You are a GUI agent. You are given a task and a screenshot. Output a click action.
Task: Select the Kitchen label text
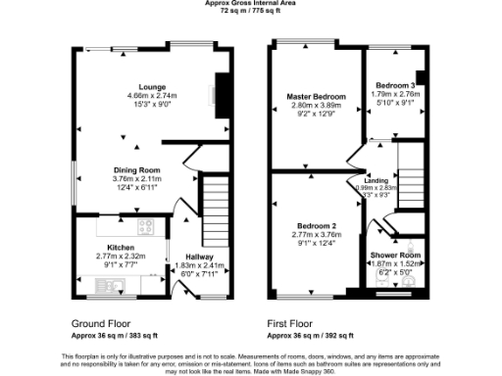tap(121, 248)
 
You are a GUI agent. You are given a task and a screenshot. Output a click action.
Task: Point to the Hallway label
tap(199, 257)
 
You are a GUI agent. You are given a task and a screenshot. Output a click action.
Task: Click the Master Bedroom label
tap(316, 97)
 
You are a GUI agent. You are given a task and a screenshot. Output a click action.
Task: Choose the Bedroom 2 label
tap(315, 223)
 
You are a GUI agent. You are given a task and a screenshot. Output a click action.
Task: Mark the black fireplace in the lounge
tap(222, 96)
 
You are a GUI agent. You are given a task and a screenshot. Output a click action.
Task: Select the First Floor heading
tap(292, 321)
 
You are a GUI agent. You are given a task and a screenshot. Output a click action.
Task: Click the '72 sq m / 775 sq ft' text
tap(251, 11)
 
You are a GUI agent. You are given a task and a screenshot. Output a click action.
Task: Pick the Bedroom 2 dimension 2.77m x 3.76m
tap(315, 233)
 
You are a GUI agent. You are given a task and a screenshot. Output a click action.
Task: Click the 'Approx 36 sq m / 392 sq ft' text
tap(317, 333)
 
